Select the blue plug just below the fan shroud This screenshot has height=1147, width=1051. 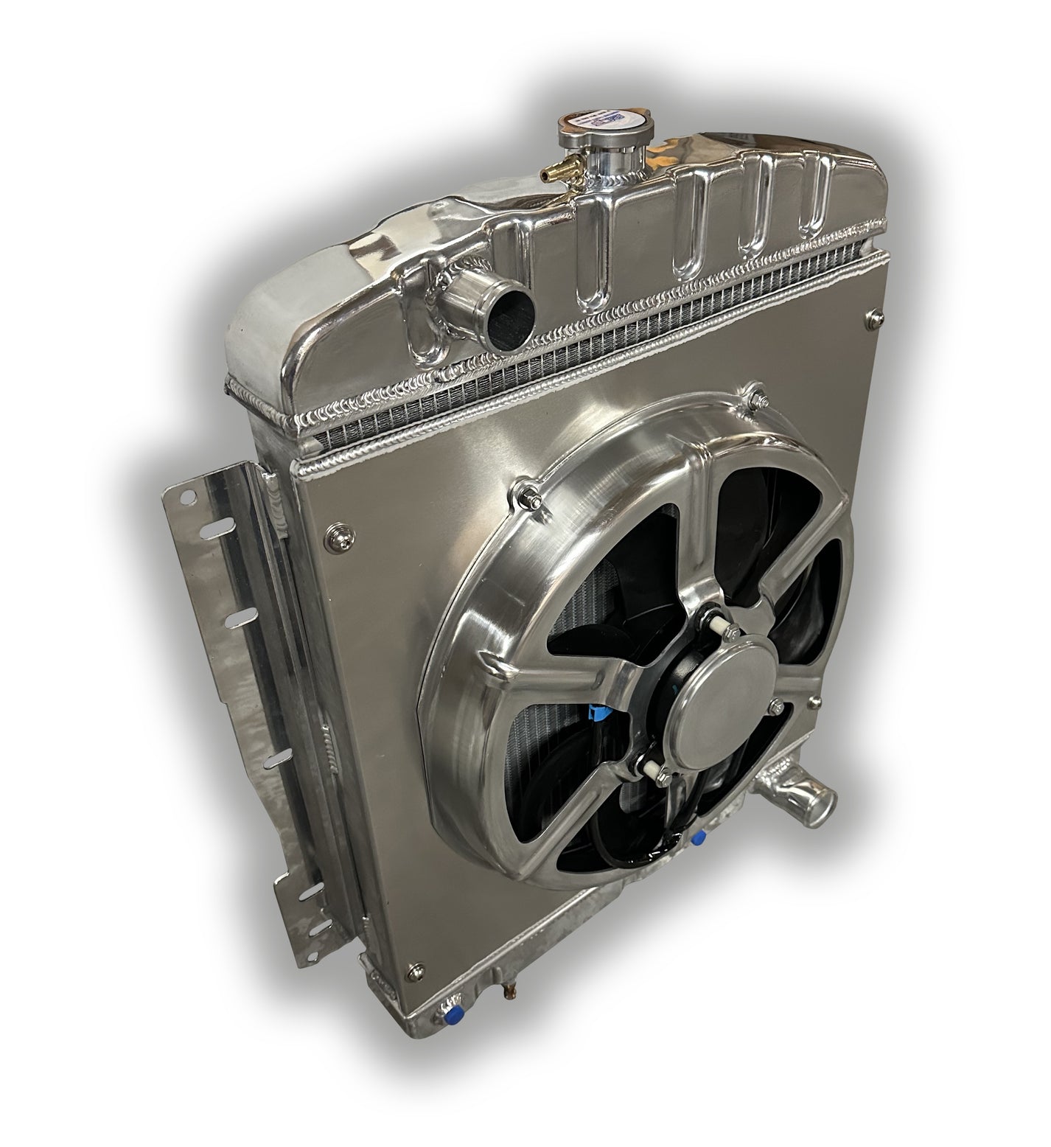pos(697,836)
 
